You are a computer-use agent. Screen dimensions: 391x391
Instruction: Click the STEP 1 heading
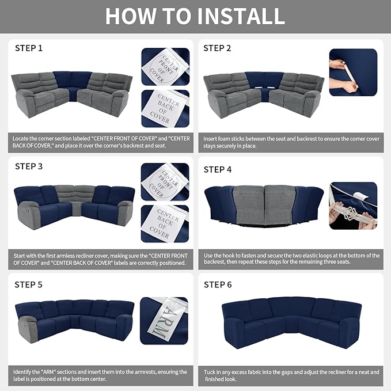click(29, 48)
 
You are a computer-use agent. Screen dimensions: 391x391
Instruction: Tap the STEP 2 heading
click(217, 48)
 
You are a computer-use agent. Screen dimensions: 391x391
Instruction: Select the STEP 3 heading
click(29, 166)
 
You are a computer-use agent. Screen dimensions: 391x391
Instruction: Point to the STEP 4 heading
click(218, 169)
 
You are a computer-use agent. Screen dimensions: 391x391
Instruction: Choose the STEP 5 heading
click(28, 284)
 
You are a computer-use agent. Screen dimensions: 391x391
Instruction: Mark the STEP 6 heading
click(218, 284)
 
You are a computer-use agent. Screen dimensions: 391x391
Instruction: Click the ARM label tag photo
click(164, 321)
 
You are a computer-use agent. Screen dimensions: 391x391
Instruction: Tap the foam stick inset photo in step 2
click(353, 73)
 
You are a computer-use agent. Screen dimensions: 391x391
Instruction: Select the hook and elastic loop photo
click(353, 206)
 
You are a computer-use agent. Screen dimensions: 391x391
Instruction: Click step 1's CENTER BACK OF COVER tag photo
click(165, 109)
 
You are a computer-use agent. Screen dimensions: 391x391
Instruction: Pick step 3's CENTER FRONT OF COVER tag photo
click(165, 182)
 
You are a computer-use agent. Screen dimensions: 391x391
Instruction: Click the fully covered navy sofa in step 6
click(291, 322)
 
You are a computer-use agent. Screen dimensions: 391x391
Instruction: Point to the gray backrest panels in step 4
click(265, 205)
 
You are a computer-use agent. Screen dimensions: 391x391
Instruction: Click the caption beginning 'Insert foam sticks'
click(291, 142)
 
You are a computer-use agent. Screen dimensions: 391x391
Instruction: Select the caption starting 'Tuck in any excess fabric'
click(291, 375)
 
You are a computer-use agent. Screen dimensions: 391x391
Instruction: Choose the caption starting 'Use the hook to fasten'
click(291, 259)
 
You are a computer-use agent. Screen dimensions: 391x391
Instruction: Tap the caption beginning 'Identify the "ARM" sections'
click(100, 375)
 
